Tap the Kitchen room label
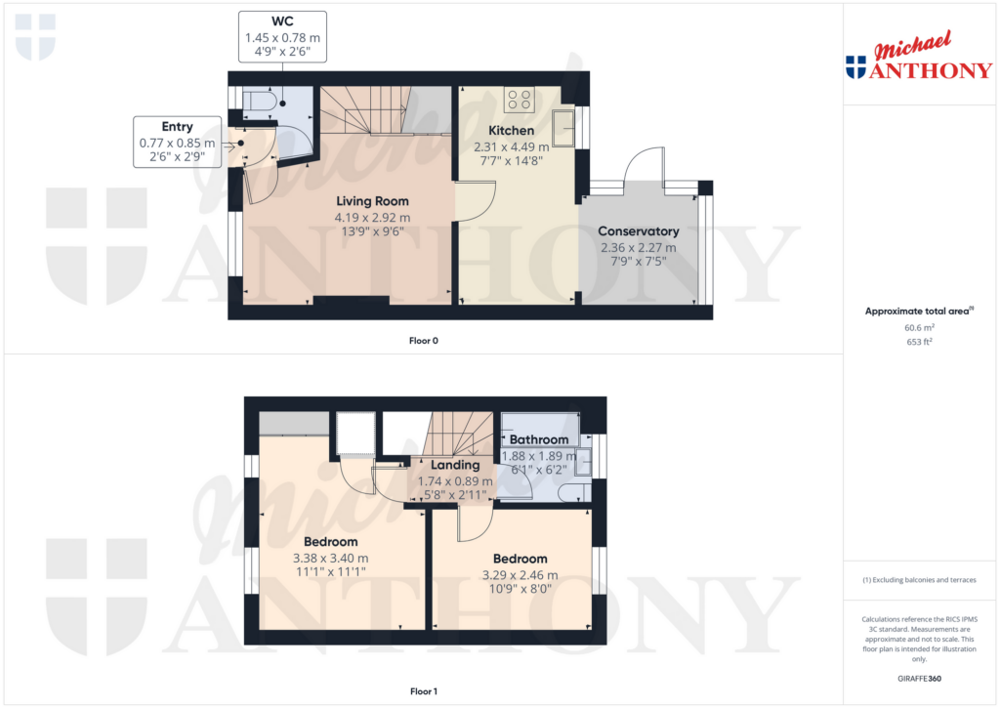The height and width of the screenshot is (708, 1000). (x=511, y=131)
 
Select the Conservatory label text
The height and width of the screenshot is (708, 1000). (x=638, y=231)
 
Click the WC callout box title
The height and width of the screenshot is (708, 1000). (x=282, y=21)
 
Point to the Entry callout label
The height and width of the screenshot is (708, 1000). (x=178, y=127)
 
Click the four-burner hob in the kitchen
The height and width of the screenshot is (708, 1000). (x=520, y=99)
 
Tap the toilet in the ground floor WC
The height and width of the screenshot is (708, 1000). (x=260, y=101)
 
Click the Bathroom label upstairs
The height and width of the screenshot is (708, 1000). (x=538, y=439)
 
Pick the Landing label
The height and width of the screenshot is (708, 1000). (x=455, y=465)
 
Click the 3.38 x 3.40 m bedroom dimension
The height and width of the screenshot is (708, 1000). (x=330, y=558)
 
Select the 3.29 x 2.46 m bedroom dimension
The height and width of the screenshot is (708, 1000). (x=520, y=575)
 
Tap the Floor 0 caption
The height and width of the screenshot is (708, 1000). (x=424, y=341)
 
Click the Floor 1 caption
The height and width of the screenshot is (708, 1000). (x=424, y=691)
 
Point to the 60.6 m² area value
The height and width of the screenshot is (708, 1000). (x=920, y=329)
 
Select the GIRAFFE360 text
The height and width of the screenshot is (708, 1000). (x=920, y=679)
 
